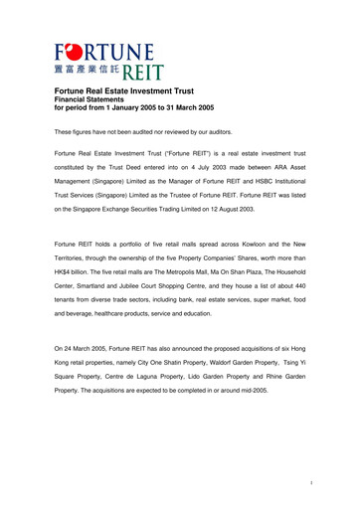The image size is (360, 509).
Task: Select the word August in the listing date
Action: click(x=250, y=227)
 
